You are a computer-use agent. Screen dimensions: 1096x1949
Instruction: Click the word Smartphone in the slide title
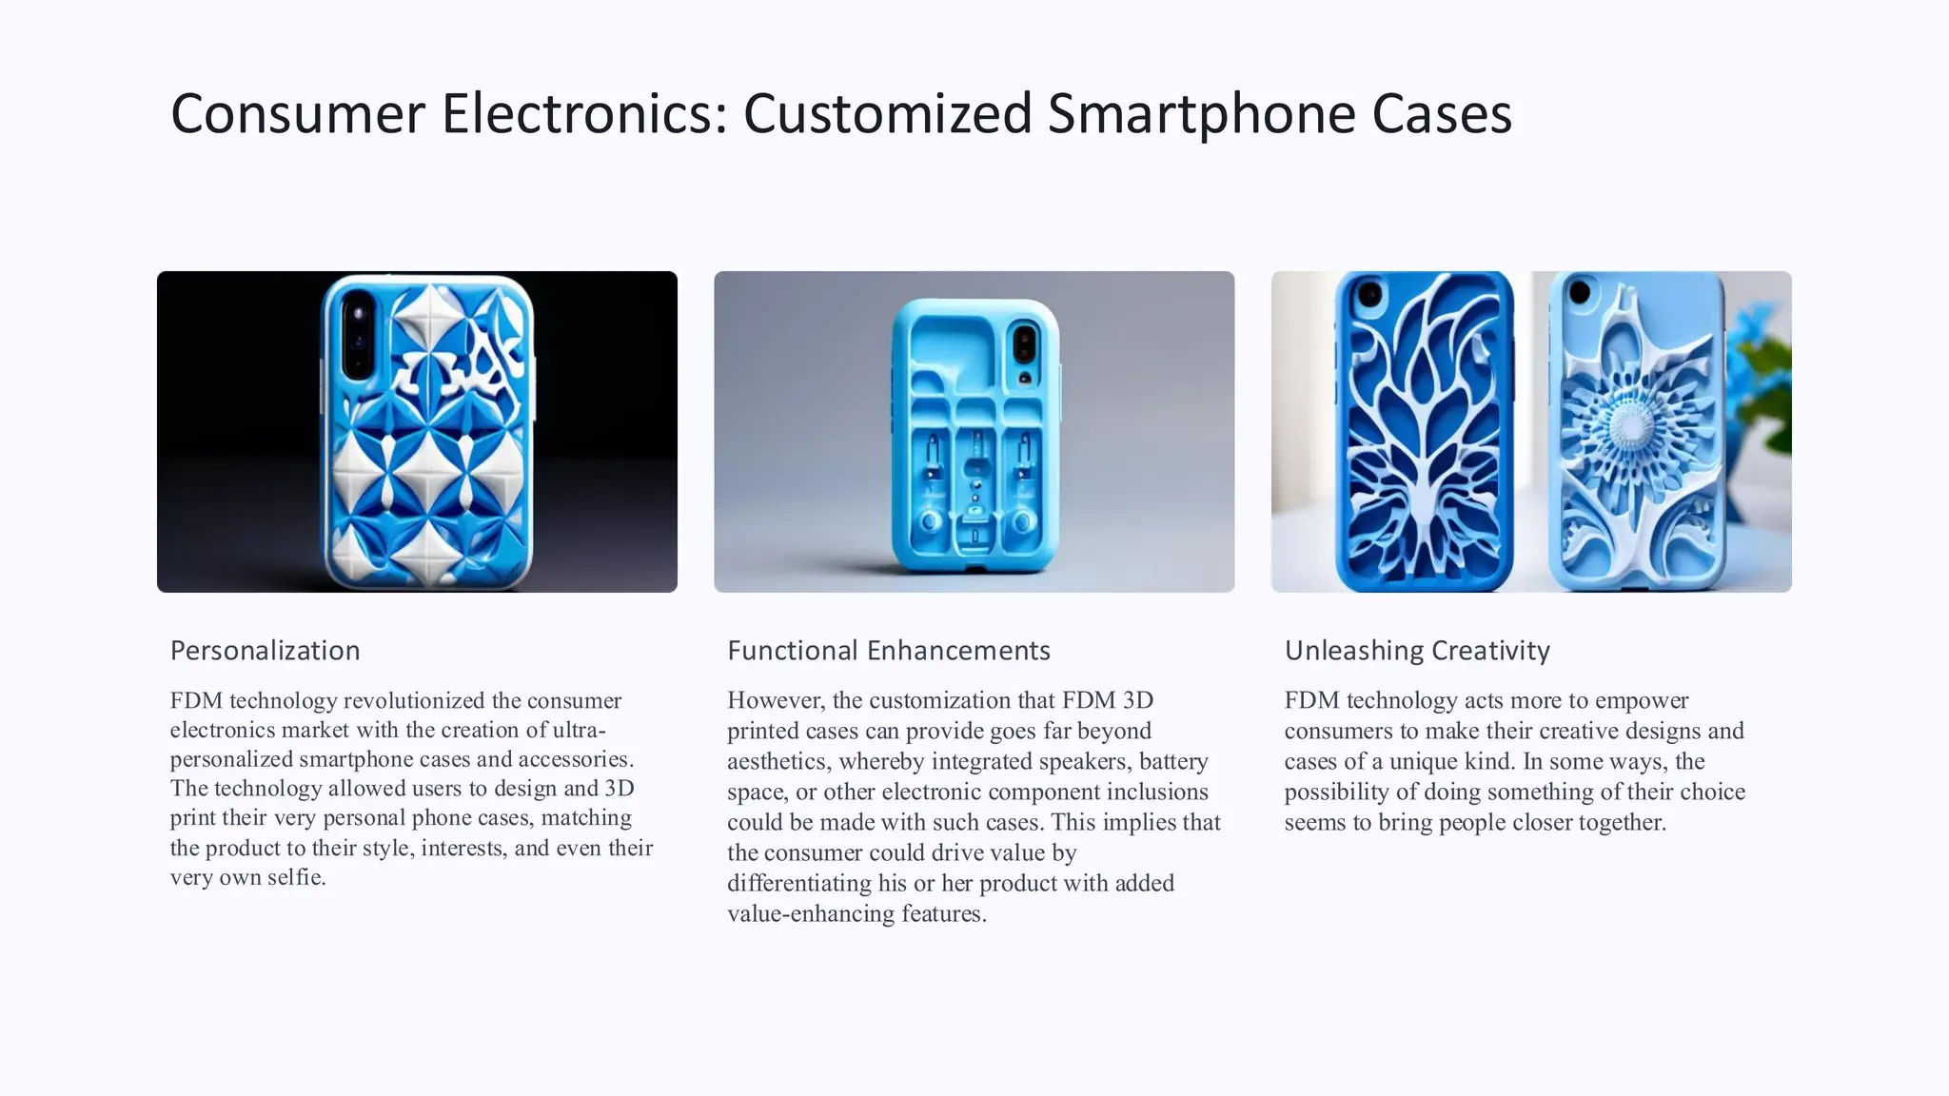click(x=1201, y=114)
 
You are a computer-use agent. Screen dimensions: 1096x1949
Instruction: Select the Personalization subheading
click(x=265, y=651)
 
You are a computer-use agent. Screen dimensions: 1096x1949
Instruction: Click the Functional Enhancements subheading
click(x=888, y=651)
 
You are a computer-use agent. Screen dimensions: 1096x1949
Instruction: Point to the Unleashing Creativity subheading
click(x=1416, y=651)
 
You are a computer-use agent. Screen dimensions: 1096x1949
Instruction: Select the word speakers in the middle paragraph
click(x=1084, y=762)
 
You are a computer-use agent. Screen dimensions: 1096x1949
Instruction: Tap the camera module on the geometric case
click(x=357, y=333)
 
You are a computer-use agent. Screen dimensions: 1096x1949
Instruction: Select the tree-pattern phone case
click(x=1424, y=433)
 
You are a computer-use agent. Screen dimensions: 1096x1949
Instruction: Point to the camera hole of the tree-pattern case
click(x=1368, y=294)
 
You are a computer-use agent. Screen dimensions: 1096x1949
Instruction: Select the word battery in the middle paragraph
click(x=1173, y=762)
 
